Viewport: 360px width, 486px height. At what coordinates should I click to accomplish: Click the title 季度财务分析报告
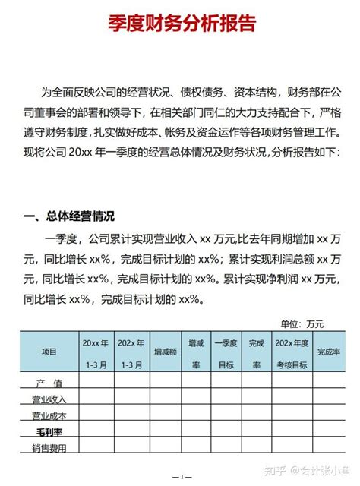pyautogui.click(x=180, y=24)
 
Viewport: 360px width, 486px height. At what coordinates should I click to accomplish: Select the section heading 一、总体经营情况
pyautogui.click(x=68, y=216)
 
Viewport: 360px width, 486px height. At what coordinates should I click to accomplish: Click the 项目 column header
pyautogui.click(x=49, y=352)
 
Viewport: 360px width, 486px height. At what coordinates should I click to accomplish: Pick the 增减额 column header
pyautogui.click(x=166, y=352)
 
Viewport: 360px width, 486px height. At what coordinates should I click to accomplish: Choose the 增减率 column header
pyautogui.click(x=196, y=352)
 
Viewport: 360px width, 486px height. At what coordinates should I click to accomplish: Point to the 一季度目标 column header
pyautogui.click(x=226, y=352)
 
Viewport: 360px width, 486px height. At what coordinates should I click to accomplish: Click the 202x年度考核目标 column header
pyautogui.click(x=292, y=352)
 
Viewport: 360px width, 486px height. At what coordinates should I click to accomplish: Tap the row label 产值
pyautogui.click(x=49, y=382)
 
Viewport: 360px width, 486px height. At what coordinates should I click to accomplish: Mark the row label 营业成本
pyautogui.click(x=49, y=416)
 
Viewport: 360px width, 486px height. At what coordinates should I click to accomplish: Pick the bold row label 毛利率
pyautogui.click(x=49, y=432)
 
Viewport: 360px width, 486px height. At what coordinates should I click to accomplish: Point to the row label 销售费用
pyautogui.click(x=49, y=448)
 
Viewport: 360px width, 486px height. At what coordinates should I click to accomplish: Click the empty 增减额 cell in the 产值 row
pyautogui.click(x=166, y=382)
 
